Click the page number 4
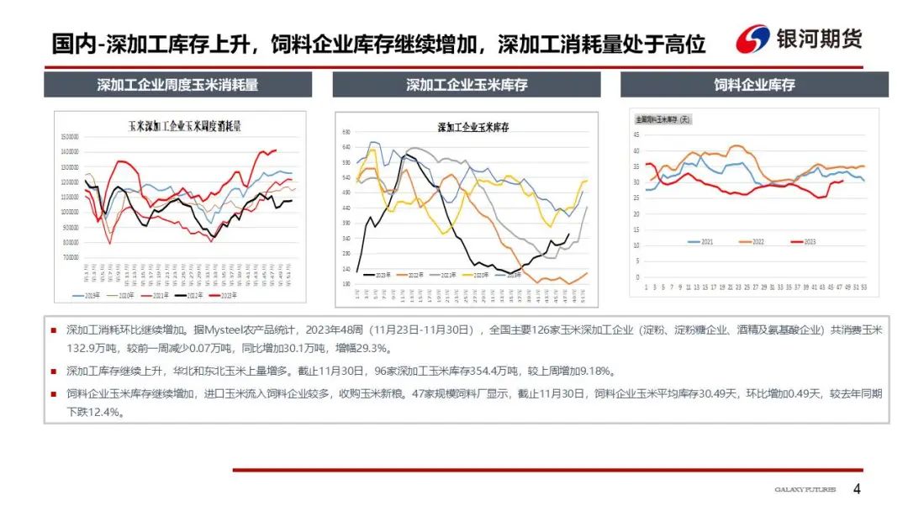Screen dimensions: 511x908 coord(857,489)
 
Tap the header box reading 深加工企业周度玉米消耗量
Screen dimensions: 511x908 coord(177,85)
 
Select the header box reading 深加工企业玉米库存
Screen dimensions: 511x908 coord(467,85)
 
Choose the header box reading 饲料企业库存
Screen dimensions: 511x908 coord(754,85)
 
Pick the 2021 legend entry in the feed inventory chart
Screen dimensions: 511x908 coord(701,241)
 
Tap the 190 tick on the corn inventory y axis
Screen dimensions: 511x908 coord(346,284)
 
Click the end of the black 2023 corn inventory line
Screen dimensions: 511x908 coord(569,234)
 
